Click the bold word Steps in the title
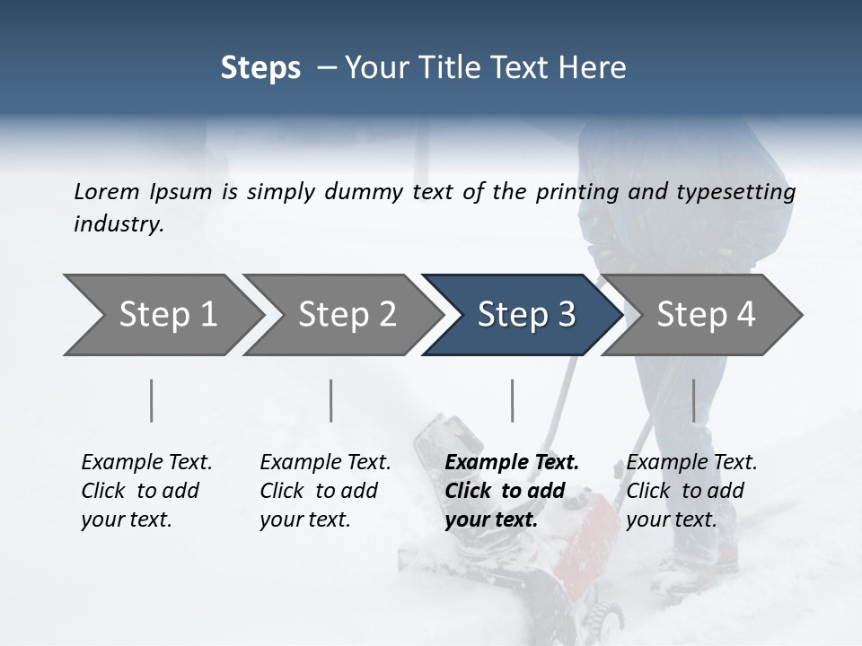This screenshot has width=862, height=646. [x=260, y=68]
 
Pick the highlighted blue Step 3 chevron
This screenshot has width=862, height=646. [x=526, y=315]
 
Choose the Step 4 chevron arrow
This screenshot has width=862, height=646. [x=706, y=315]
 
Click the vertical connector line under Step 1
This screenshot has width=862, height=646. [x=152, y=400]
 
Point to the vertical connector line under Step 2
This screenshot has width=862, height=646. [x=331, y=400]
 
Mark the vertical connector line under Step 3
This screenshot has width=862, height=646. [x=512, y=400]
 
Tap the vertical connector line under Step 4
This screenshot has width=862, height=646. [x=693, y=400]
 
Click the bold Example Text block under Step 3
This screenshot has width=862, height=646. [x=512, y=491]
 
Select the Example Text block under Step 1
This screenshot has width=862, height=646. [x=146, y=491]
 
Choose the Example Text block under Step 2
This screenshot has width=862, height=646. [x=325, y=491]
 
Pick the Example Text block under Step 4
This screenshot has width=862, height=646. [x=691, y=491]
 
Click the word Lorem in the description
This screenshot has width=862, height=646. [x=107, y=191]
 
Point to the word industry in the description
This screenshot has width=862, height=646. [x=119, y=223]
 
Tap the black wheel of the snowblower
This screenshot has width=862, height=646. [x=611, y=619]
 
